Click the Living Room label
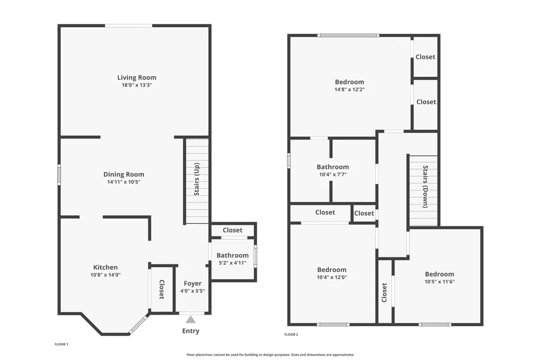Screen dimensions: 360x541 pos(137,78)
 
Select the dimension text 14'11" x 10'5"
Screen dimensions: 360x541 pos(124,182)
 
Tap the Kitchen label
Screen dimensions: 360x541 pos(106,267)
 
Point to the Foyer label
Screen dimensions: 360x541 pos(192,283)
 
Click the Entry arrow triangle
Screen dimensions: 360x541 pos(190,319)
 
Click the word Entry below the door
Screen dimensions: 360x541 pos(191,331)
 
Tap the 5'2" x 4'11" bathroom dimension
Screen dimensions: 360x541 pos(232,263)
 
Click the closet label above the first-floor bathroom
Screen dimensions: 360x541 pos(232,230)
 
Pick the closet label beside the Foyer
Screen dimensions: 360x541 pos(162,289)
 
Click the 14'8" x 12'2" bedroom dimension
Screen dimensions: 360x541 pos(350,89)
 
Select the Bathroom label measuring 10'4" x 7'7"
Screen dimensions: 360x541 pos(333,167)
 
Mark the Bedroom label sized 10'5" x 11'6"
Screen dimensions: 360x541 pos(440,274)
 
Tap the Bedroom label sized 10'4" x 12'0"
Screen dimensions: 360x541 pos(332,270)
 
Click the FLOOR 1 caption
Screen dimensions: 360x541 pos(62,344)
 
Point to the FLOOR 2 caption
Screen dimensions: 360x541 pos(291,335)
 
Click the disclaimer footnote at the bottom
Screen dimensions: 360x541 pos(270,355)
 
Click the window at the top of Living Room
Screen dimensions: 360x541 pos(128,25)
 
